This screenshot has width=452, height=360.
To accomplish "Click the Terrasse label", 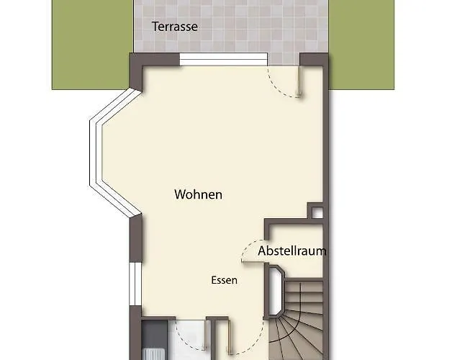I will pyautogui.click(x=175, y=27).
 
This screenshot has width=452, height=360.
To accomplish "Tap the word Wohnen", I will pyautogui.click(x=198, y=194).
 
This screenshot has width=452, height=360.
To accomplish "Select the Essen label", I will pyautogui.click(x=224, y=280).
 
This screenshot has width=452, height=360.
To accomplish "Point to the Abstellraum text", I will pyautogui.click(x=292, y=251).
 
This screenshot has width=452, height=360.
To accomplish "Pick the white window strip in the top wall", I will pyautogui.click(x=224, y=60).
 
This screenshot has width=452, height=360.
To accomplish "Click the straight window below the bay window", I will pyautogui.click(x=133, y=284).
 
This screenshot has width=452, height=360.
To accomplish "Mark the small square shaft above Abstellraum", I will pyautogui.click(x=316, y=210).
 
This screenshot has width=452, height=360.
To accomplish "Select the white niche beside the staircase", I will pyautogui.click(x=276, y=292).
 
